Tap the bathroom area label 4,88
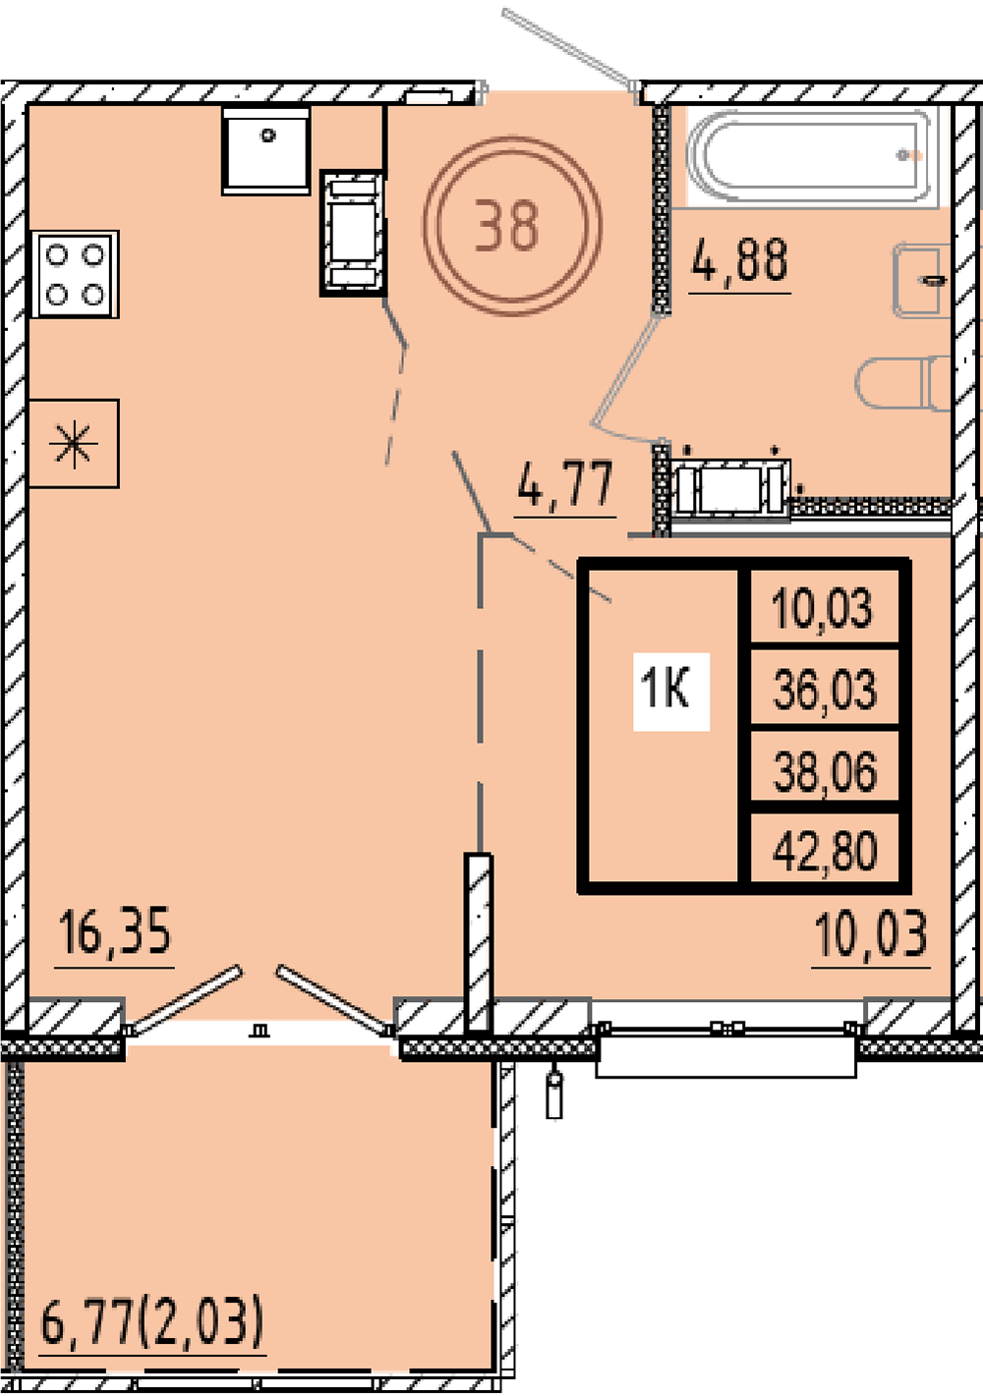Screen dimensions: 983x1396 click(x=740, y=259)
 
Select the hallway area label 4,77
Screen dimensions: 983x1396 click(x=565, y=483)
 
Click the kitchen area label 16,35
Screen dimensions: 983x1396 click(x=115, y=931)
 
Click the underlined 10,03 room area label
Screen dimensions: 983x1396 click(x=871, y=933)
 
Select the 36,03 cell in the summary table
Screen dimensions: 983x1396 click(x=825, y=689)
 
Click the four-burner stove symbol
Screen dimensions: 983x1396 click(x=75, y=274)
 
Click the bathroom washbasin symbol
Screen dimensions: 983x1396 click(x=919, y=280)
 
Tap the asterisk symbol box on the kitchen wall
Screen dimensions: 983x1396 click(x=74, y=443)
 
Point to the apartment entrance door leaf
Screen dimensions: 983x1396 click(x=569, y=48)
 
